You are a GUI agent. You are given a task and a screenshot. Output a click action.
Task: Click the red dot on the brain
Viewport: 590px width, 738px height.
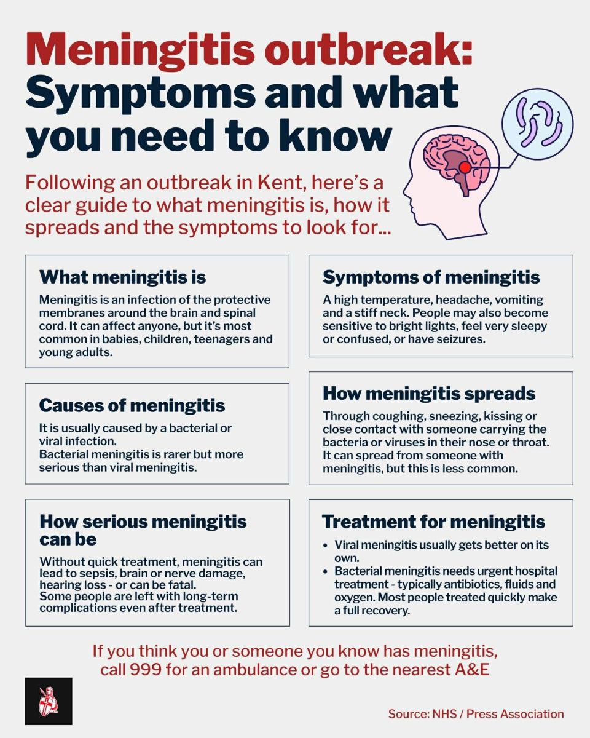tap(465, 167)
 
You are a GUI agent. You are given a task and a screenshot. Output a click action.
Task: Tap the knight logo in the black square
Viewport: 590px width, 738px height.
tap(49, 701)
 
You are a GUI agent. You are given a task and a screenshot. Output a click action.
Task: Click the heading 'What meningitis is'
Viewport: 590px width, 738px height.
tap(122, 277)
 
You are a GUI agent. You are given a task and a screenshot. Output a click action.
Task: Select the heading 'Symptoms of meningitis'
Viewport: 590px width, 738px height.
tap(431, 277)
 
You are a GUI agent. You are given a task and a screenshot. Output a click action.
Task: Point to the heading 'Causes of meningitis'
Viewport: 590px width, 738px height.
tap(132, 405)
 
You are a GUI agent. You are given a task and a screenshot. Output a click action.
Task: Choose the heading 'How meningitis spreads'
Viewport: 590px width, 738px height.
tap(429, 393)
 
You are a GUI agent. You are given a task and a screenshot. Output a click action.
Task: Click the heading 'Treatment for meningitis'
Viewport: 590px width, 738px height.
tap(433, 522)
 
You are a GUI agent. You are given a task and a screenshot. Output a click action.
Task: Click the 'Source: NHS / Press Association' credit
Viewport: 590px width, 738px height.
tap(476, 714)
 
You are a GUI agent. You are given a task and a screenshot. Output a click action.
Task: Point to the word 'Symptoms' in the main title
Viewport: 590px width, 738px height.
tap(140, 93)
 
